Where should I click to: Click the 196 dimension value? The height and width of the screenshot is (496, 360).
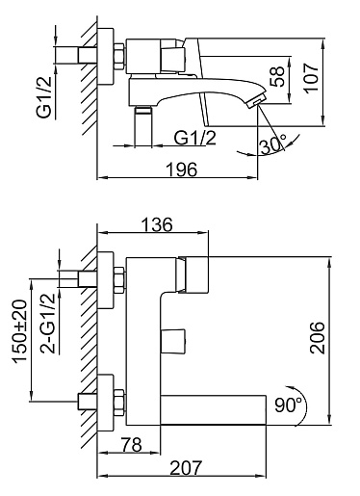coord(181,170)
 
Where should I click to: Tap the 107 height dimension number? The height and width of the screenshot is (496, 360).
coord(311,78)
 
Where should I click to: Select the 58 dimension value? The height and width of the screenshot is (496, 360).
coord(277,76)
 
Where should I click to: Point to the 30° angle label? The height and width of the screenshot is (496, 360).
coord(272,145)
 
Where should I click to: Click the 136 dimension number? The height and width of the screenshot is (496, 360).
coord(157,224)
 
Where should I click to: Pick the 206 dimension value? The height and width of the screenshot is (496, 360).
coord(318,338)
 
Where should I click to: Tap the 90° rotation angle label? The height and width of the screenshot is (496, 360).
coord(288,405)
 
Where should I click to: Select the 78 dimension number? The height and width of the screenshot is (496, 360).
coord(131,445)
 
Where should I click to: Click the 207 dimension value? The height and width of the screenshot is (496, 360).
coord(186,468)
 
